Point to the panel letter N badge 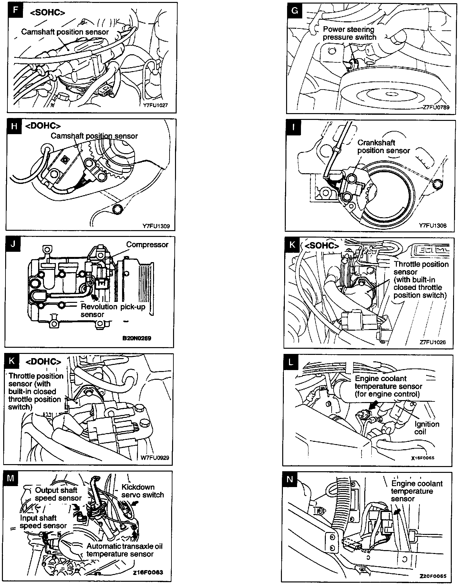click(x=290, y=479)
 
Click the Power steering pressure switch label click(x=349, y=33)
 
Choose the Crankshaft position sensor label click(x=383, y=146)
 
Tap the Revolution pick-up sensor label click(x=113, y=310)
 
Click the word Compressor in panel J click(x=147, y=244)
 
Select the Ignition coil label click(x=427, y=428)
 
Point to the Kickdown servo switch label click(x=142, y=491)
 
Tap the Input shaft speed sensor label click(x=43, y=522)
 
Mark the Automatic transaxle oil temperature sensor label click(x=124, y=550)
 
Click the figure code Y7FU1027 click(x=156, y=105)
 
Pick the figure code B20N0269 click(x=137, y=338)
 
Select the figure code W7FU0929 click(x=155, y=457)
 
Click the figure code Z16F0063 click(x=148, y=572)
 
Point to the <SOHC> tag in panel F click(x=47, y=12)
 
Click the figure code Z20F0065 click(x=433, y=576)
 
